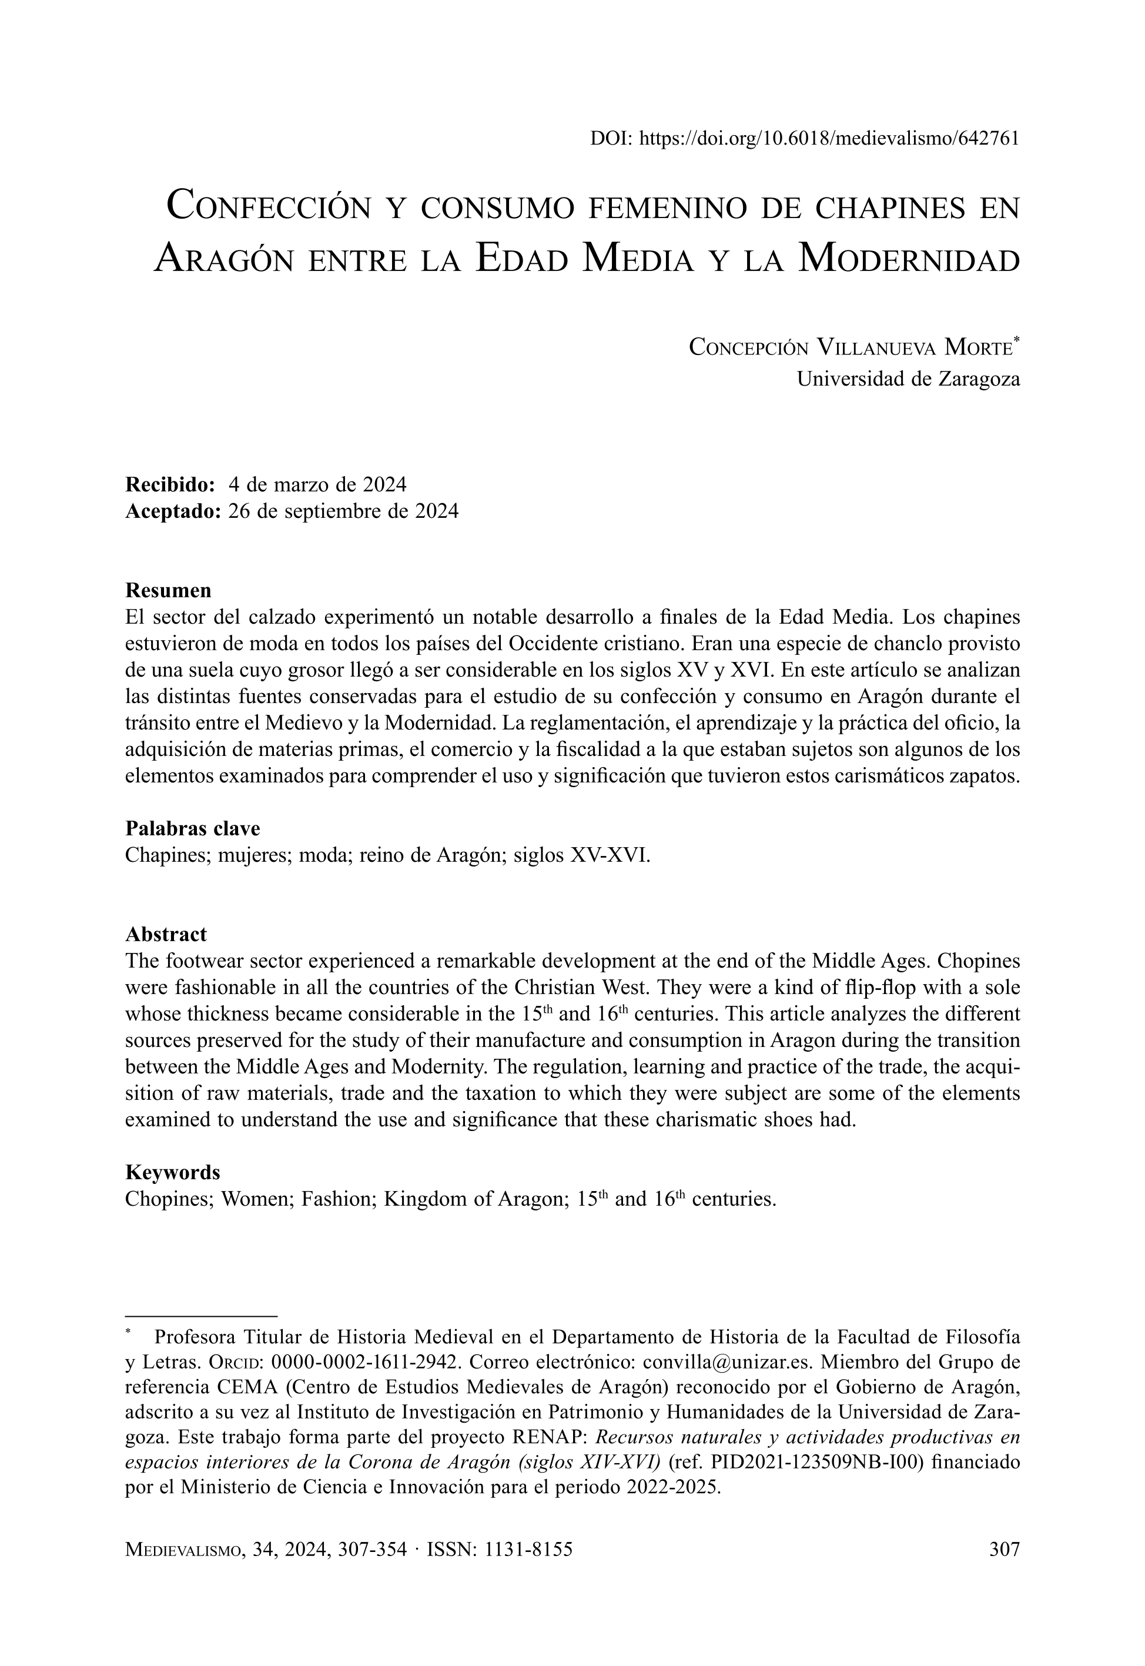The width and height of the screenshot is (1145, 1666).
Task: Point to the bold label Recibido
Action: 170,484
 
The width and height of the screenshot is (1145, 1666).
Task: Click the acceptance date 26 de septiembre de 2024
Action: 343,511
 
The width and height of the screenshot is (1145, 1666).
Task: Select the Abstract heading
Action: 166,934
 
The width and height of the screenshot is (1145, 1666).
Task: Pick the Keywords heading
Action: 172,1172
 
